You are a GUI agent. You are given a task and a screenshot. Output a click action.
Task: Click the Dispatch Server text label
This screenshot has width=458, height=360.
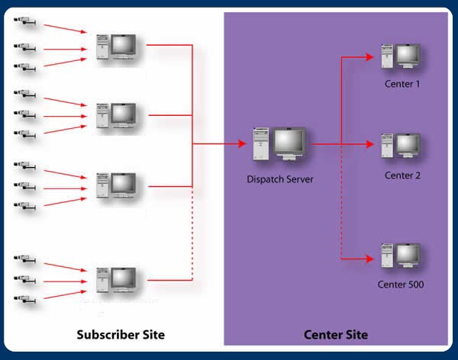pos(279,179)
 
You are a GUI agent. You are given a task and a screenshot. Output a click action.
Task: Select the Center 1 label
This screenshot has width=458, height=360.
pos(402,83)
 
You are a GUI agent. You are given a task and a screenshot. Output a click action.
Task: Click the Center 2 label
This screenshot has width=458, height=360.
pos(402,175)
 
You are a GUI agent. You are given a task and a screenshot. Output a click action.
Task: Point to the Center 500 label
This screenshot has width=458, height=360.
pos(401,284)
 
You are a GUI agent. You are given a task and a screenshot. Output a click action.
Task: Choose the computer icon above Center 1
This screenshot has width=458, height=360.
pos(401,58)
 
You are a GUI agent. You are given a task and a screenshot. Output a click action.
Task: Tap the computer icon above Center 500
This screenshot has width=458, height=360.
pos(401,257)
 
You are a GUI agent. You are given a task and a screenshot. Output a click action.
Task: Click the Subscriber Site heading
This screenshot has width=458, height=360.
pos(121,335)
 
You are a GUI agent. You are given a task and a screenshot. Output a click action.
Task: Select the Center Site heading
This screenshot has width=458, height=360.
pos(336,335)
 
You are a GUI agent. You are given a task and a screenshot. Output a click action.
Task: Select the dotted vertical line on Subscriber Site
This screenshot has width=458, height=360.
pos(192,233)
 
